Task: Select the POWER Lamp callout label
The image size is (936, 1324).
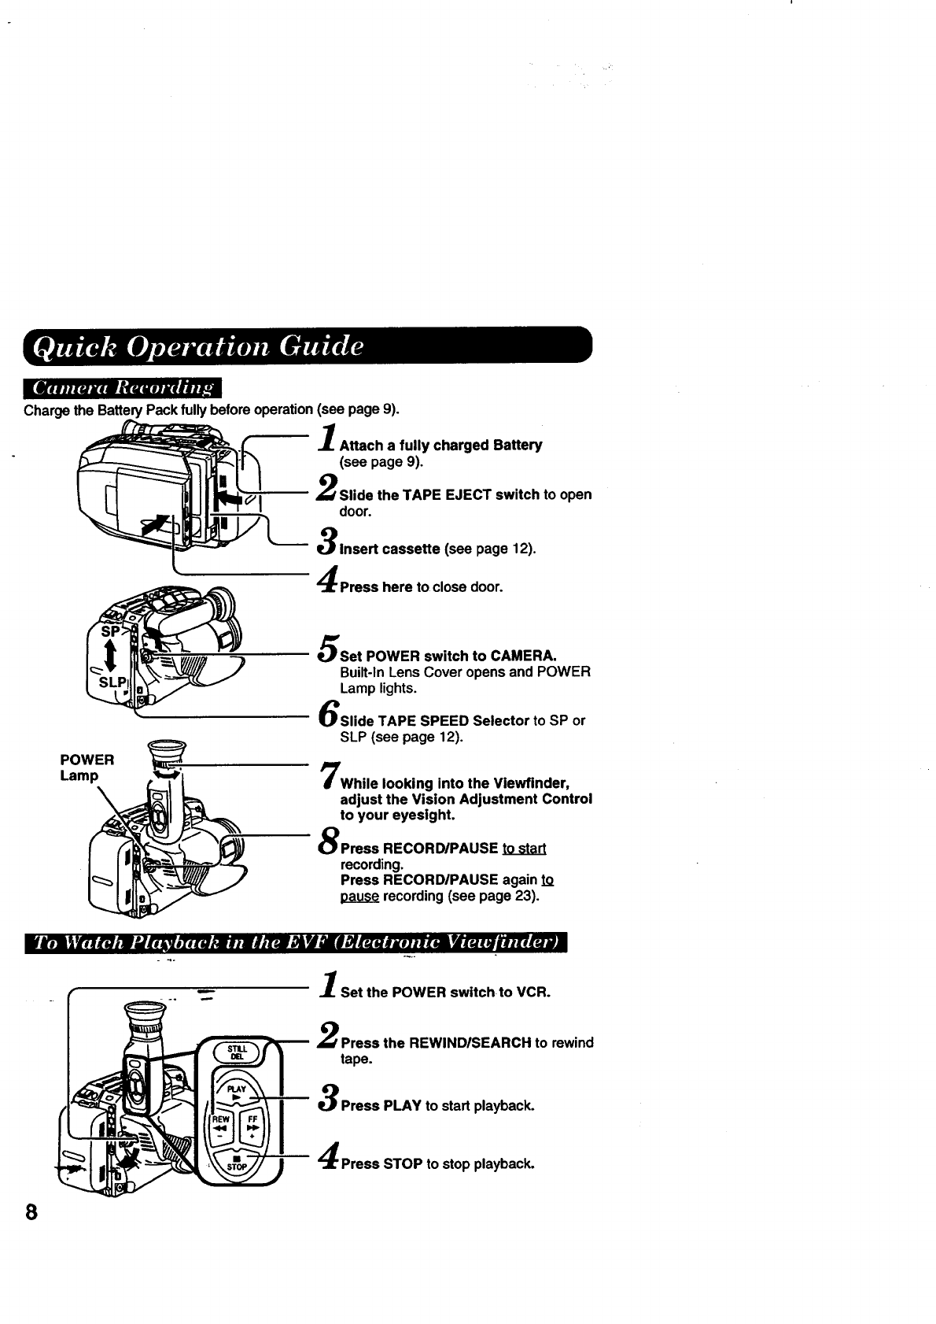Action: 87,767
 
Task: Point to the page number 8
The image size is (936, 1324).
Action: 31,1211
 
